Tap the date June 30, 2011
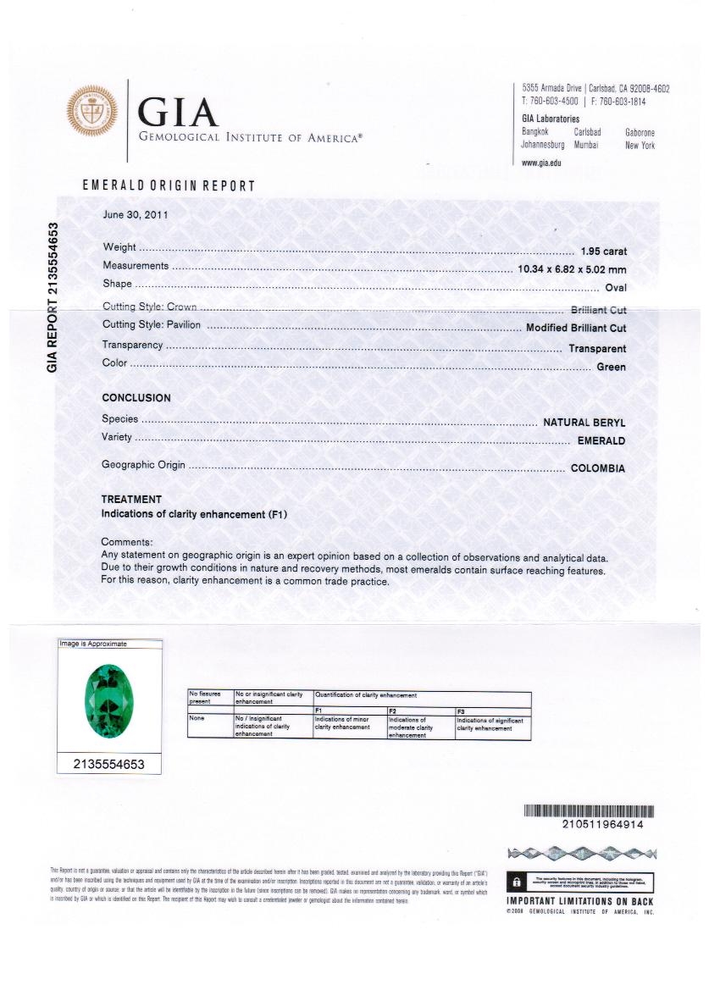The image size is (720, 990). pyautogui.click(x=136, y=214)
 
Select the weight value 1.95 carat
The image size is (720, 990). pyautogui.click(x=603, y=252)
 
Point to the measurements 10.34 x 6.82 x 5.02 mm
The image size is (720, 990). pyautogui.click(x=572, y=268)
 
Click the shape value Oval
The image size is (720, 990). pyautogui.click(x=615, y=288)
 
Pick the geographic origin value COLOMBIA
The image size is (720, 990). pyautogui.click(x=598, y=468)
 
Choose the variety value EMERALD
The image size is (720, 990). pyautogui.click(x=601, y=441)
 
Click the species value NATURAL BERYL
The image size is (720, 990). pyautogui.click(x=584, y=422)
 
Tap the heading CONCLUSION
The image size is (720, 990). pyautogui.click(x=136, y=398)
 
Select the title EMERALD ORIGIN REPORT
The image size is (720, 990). pyautogui.click(x=169, y=185)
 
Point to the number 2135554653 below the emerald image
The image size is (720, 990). pyautogui.click(x=109, y=764)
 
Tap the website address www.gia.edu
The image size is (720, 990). pyautogui.click(x=541, y=163)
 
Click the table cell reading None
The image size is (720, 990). pyautogui.click(x=197, y=719)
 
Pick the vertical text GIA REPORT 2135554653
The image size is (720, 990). pyautogui.click(x=53, y=297)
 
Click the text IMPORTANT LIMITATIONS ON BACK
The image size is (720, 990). pyautogui.click(x=580, y=901)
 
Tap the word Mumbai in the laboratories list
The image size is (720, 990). pyautogui.click(x=586, y=145)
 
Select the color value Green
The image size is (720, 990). pyautogui.click(x=612, y=367)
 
